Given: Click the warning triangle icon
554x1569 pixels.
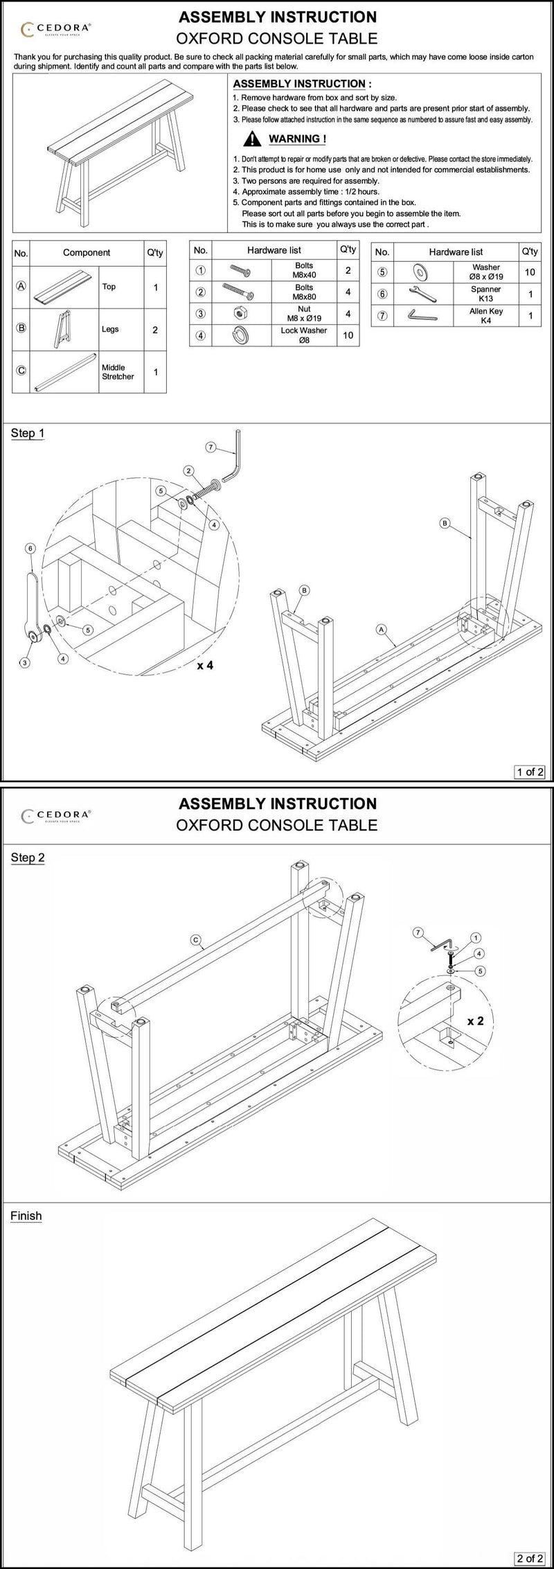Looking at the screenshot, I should tap(255, 140).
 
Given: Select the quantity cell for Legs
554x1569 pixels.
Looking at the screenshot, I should tap(154, 330).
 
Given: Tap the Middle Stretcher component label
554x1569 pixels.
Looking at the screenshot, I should tap(118, 372).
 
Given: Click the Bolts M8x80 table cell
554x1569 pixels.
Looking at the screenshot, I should tap(304, 292).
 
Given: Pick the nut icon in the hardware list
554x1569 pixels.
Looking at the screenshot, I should tap(242, 313).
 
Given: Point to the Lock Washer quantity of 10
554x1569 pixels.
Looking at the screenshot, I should tap(348, 335).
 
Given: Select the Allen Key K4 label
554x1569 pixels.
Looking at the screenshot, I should tap(485, 316).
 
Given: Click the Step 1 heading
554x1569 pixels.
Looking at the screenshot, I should tap(28, 433).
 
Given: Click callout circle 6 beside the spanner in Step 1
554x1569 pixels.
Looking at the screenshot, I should tap(30, 547).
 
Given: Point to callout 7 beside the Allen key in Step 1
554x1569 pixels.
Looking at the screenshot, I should tap(211, 448).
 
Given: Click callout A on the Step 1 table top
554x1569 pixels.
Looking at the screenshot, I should tap(381, 629).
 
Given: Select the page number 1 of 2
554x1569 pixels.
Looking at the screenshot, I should tap(530, 771).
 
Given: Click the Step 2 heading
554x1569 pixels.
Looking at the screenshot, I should tap(28, 858).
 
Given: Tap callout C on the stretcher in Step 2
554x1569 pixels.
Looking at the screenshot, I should tap(196, 940).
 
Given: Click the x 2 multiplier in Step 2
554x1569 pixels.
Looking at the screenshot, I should tap(475, 1021).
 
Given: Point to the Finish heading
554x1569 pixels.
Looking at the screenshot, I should tap(26, 1216).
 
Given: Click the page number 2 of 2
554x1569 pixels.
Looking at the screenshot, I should tap(530, 1558).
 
